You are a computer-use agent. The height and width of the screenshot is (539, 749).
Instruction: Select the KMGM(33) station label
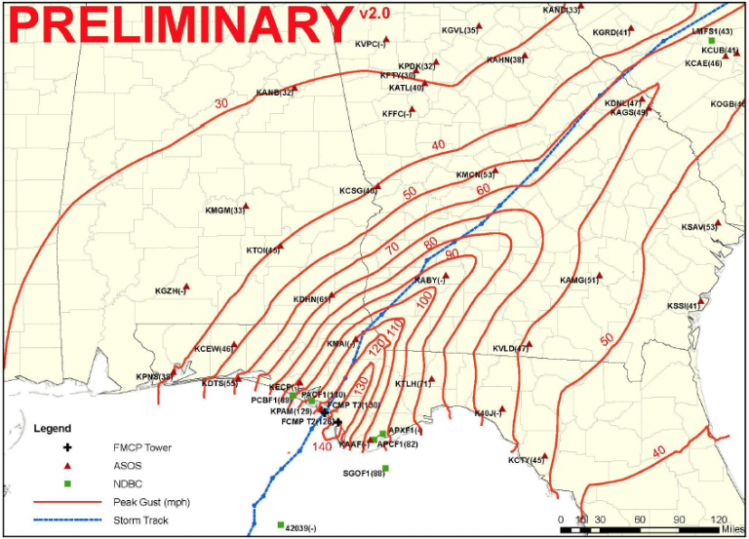(x=224, y=211)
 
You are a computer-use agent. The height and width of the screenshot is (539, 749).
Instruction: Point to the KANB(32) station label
(x=274, y=93)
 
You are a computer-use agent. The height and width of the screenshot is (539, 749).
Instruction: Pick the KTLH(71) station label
(x=413, y=384)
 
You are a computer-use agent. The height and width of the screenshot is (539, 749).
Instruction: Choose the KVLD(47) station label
(x=510, y=348)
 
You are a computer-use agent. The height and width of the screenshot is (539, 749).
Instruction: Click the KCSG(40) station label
(x=358, y=190)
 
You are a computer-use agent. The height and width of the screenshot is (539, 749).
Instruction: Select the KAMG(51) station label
(x=578, y=281)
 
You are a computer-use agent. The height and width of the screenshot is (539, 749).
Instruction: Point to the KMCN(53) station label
(x=476, y=175)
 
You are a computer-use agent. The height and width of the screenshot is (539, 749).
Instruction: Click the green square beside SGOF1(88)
(x=386, y=469)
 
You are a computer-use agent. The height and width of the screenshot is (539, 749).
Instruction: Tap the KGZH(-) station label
(x=170, y=291)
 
